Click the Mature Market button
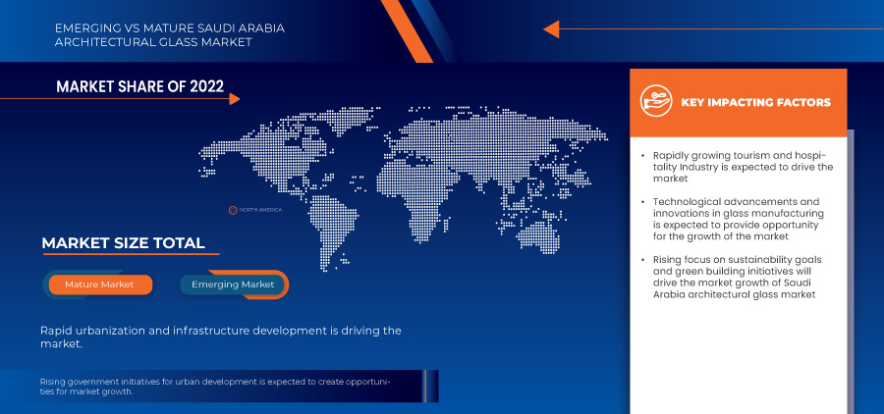click(x=100, y=285)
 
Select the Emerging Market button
click(x=233, y=285)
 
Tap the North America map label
click(x=260, y=210)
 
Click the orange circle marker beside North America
click(x=232, y=210)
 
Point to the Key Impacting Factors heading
click(x=755, y=102)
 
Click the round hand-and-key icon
click(x=656, y=101)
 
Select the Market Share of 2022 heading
click(x=139, y=86)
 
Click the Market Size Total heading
click(x=123, y=243)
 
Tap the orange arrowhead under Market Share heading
click(x=235, y=99)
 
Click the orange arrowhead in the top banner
click(x=551, y=29)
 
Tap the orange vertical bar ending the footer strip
click(x=425, y=386)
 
